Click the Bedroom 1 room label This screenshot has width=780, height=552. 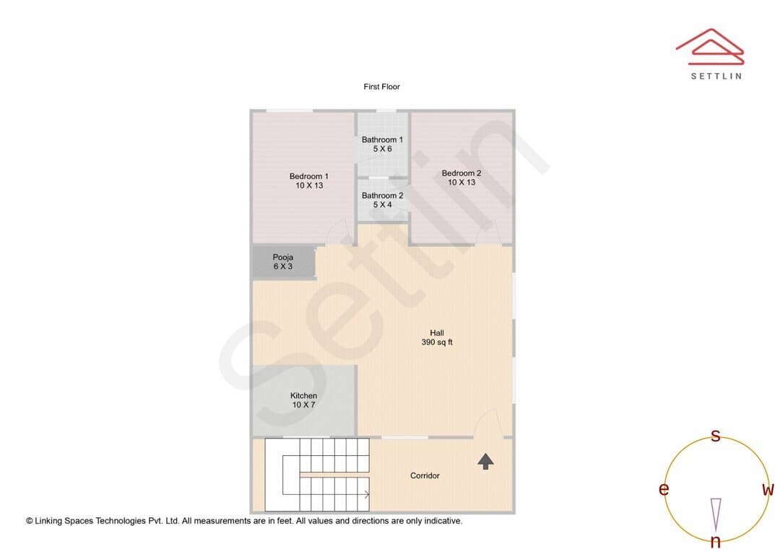(x=309, y=181)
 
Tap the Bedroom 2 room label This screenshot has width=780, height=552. (x=461, y=178)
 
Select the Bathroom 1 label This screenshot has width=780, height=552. (x=382, y=145)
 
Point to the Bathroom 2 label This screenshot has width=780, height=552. (x=382, y=200)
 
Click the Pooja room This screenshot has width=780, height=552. (x=284, y=262)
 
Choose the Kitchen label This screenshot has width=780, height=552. (x=303, y=400)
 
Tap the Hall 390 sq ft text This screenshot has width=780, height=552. (x=437, y=337)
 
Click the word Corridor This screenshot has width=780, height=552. (x=425, y=476)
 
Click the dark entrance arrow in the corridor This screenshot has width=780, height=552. (x=485, y=462)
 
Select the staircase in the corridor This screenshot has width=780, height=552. (x=317, y=475)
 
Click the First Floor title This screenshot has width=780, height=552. (x=381, y=87)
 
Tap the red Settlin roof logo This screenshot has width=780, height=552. (x=710, y=47)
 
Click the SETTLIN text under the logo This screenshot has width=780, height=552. (x=716, y=76)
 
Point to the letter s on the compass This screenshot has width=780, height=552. (x=715, y=436)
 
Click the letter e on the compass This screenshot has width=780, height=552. (x=664, y=489)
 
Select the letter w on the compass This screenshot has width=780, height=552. (x=768, y=490)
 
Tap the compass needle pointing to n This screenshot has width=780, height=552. (x=716, y=514)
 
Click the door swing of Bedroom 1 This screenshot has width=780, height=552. (x=339, y=232)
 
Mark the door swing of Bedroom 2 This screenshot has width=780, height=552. (x=488, y=233)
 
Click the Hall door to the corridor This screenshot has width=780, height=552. (x=488, y=424)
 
